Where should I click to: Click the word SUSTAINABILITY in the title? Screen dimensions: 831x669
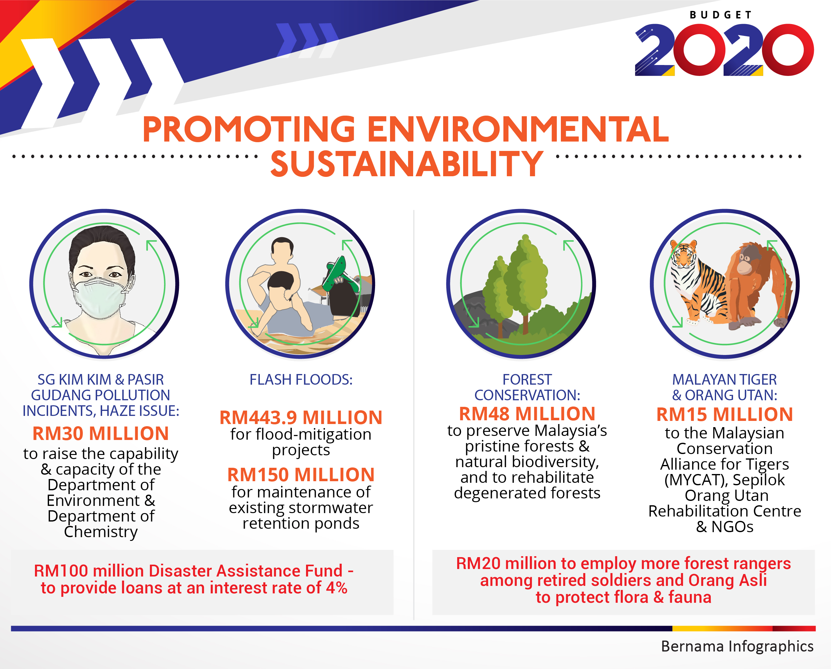407,163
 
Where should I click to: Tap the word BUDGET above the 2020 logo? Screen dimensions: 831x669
720,15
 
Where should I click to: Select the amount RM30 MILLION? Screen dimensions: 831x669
101,433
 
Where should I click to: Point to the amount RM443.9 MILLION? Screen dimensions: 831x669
301,417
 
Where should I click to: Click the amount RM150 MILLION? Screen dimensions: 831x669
301,475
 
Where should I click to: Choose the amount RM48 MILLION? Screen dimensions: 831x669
527,414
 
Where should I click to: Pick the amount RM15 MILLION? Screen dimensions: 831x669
725,415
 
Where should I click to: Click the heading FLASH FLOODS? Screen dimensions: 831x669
301,380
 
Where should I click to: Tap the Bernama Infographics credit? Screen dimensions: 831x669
737,646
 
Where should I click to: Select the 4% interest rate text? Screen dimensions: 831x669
336,588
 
